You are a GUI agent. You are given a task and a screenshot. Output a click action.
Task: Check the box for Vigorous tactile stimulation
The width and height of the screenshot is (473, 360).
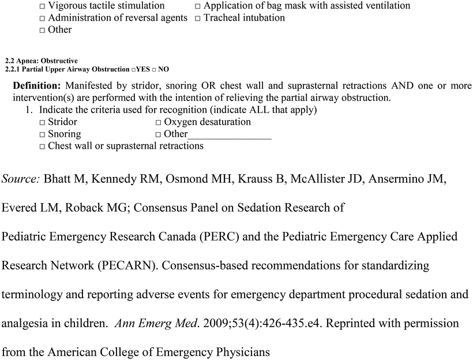pos(43,6)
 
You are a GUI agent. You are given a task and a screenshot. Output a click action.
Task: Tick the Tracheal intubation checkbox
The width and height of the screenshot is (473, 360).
pos(197,18)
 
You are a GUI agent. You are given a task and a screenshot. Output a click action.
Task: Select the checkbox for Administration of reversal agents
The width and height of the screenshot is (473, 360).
pos(43,18)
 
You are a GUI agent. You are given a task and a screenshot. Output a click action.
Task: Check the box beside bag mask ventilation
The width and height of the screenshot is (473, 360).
pos(197,6)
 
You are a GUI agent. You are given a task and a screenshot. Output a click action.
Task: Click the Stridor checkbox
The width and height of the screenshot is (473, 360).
pos(43,123)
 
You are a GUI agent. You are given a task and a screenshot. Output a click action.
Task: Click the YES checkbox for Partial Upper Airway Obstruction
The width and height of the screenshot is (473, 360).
pos(133,70)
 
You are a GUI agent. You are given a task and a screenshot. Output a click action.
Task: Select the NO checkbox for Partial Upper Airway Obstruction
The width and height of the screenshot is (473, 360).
pos(154,70)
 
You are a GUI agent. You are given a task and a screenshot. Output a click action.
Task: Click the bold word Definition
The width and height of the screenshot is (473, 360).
pos(37,86)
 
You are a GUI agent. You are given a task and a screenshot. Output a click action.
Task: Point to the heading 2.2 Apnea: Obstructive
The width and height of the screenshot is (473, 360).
pos(41,61)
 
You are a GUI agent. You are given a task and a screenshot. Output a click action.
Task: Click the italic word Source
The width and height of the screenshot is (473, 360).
pos(21,179)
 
